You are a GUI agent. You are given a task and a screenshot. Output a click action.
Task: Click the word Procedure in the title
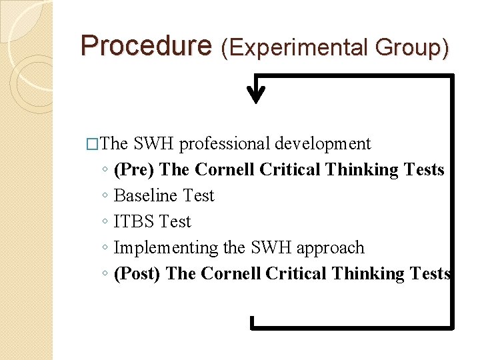145,45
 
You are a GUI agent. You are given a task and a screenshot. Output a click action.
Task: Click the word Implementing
166,248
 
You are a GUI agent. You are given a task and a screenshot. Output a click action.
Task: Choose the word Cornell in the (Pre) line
225,170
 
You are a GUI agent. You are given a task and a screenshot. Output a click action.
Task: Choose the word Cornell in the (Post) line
231,274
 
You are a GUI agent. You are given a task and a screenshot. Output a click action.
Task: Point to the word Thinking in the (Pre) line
364,170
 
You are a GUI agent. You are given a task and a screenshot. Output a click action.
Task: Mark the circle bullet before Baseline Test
105,197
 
